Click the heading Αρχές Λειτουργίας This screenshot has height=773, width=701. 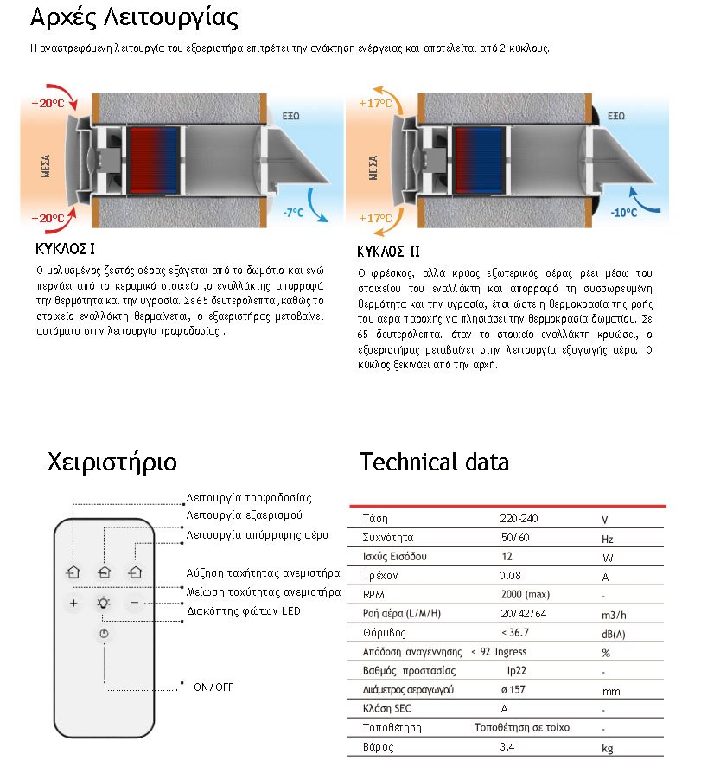[133, 18]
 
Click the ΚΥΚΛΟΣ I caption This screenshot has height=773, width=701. [64, 250]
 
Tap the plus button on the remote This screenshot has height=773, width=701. [73, 603]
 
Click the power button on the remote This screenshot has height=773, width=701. [104, 634]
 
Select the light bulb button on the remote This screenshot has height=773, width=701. [104, 603]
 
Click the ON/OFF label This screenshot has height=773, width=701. [213, 687]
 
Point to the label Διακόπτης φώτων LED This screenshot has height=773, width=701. [244, 611]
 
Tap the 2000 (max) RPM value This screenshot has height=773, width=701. [525, 595]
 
